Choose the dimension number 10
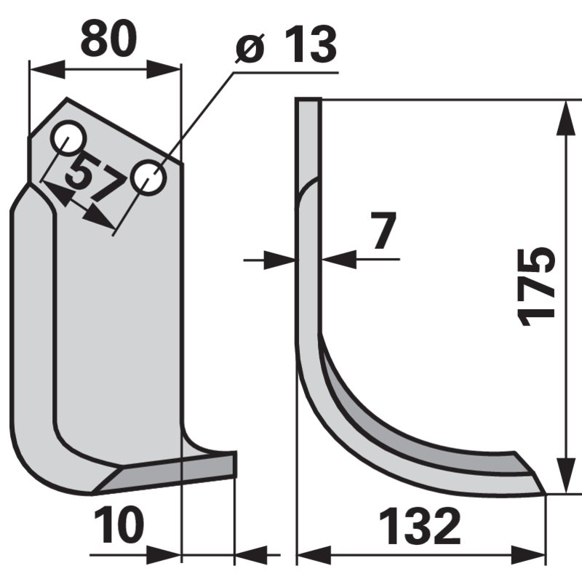coord(118,526)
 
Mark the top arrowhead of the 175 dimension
coord(565,116)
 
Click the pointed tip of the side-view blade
coord(544,492)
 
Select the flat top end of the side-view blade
coord(308,101)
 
